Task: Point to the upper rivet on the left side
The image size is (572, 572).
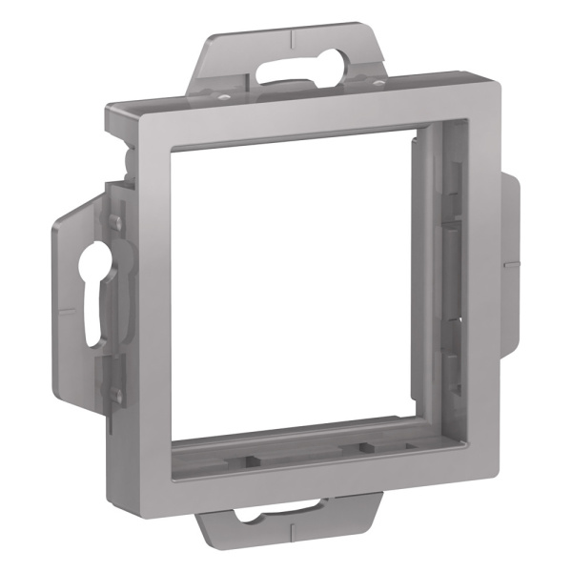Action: coord(115,222)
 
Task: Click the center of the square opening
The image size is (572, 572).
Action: coord(300,286)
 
